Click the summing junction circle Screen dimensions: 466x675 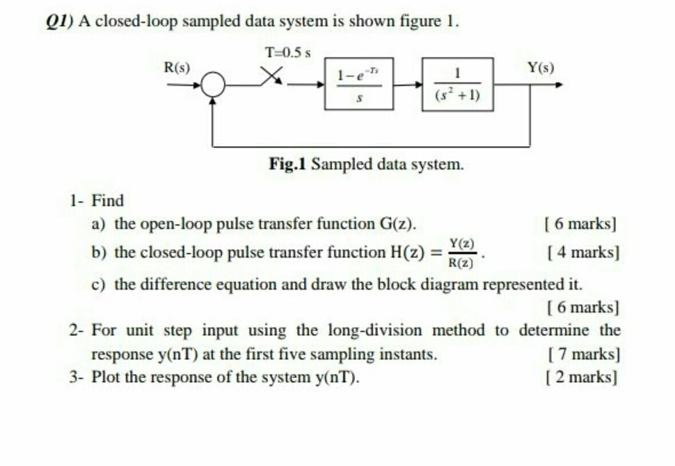click(213, 86)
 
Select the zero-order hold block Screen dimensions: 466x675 click(359, 84)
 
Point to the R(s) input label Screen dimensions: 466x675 click(177, 67)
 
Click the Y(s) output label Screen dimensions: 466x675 click(540, 67)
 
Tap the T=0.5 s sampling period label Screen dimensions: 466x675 click(288, 53)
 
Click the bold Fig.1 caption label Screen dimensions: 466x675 click(288, 164)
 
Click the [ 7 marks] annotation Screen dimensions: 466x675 click(583, 354)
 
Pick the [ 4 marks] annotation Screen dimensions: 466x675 click(583, 251)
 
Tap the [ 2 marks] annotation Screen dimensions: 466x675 click(582, 377)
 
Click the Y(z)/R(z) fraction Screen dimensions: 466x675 click(461, 252)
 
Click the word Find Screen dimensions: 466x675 click(108, 201)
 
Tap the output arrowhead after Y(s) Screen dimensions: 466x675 click(559, 85)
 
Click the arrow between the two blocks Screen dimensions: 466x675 click(407, 85)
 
